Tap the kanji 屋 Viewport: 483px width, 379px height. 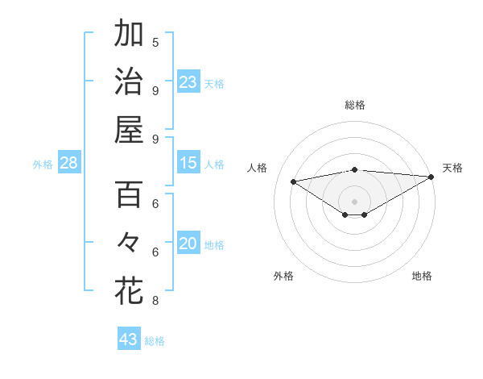(x=129, y=129)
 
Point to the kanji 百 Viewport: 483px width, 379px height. (x=129, y=195)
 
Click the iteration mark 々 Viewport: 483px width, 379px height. (x=129, y=243)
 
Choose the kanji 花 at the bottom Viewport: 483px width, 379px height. (x=129, y=291)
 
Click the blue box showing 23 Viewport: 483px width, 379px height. (x=188, y=82)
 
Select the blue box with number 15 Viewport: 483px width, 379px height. (x=188, y=164)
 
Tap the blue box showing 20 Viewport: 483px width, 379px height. (x=188, y=244)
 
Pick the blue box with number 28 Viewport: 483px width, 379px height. (x=68, y=164)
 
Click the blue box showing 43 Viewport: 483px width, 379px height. (x=128, y=339)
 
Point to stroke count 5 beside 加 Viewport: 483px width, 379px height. (x=155, y=42)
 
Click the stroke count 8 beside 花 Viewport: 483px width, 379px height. (x=155, y=301)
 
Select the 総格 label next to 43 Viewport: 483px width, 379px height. (x=155, y=341)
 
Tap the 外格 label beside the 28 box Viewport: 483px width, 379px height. (x=43, y=165)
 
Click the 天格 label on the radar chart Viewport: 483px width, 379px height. (x=452, y=168)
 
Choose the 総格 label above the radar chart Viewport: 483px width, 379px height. (x=354, y=105)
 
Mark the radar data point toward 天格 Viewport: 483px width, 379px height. (x=431, y=177)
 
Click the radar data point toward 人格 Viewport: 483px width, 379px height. (x=293, y=181)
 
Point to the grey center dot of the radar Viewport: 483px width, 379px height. (x=354, y=201)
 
